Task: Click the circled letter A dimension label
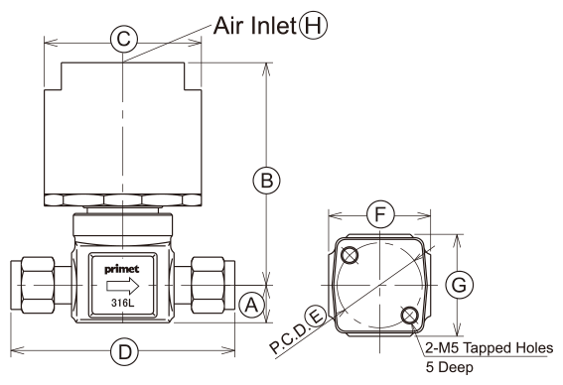[x=251, y=306]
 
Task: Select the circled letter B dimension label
[x=266, y=181]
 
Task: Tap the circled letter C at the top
[x=123, y=39]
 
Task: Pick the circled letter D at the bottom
[x=124, y=351]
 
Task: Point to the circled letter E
[x=317, y=317]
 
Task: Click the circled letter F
[x=380, y=214]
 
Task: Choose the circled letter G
[x=459, y=285]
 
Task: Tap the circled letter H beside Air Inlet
[x=314, y=26]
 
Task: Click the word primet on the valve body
[x=122, y=270]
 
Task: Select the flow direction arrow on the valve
[x=123, y=286]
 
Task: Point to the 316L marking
[x=122, y=304]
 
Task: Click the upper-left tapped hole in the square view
[x=350, y=255]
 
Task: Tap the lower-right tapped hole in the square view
[x=409, y=316]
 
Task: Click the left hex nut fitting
[x=38, y=285]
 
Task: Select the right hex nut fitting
[x=209, y=285]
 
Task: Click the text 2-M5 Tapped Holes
[x=490, y=348]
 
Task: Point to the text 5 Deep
[x=450, y=367]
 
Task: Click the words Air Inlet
[x=255, y=26]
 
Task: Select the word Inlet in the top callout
[x=274, y=26]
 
